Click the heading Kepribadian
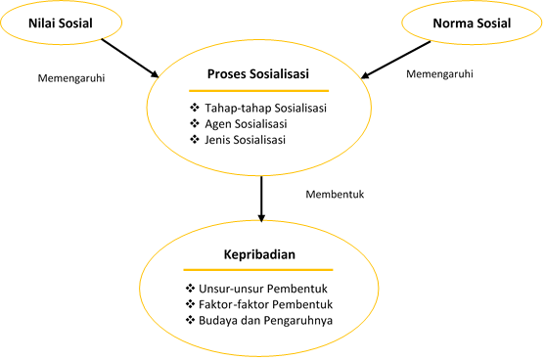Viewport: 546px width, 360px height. click(260, 254)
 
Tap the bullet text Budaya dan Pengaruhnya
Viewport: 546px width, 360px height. click(265, 320)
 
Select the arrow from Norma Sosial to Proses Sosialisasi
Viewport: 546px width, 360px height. click(399, 57)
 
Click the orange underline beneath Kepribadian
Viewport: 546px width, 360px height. click(260, 270)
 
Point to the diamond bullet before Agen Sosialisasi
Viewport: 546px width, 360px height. click(193, 123)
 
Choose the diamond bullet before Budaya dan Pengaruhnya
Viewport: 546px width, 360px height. click(191, 320)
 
